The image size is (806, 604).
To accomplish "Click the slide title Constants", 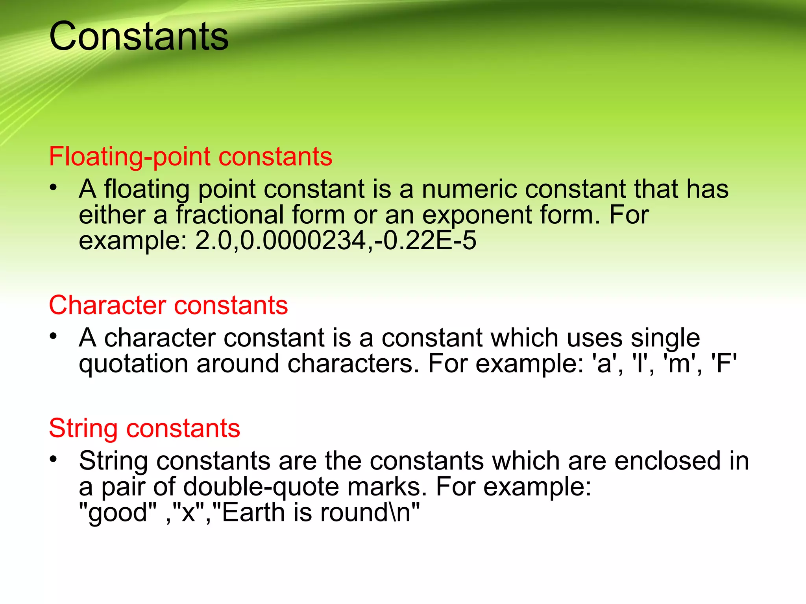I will (139, 37).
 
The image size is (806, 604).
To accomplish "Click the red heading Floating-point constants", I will (190, 157).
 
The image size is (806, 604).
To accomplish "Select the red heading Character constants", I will (168, 305).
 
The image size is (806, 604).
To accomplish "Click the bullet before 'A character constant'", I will (54, 336).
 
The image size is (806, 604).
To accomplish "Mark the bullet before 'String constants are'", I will (54, 459).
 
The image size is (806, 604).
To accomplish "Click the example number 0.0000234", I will (303, 240).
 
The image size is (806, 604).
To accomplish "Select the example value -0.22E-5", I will (425, 240).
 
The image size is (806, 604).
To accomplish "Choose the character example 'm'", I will (680, 363).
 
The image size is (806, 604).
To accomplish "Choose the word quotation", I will (133, 364).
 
